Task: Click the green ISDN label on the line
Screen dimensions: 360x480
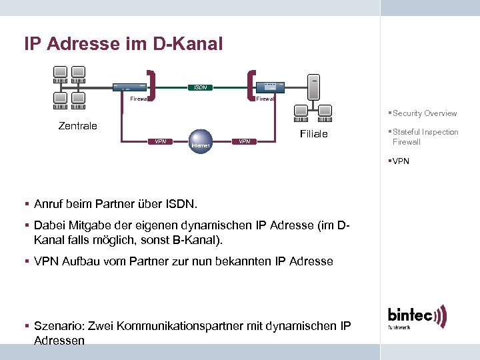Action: tap(199, 87)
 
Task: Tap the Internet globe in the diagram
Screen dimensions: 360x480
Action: tap(200, 141)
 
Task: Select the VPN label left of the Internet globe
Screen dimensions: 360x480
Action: tap(161, 141)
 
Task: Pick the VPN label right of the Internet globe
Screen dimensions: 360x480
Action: tap(245, 141)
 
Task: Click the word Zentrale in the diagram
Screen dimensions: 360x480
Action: tap(77, 125)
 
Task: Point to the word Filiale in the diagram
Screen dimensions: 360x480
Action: tap(313, 134)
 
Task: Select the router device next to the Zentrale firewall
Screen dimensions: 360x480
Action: tap(129, 87)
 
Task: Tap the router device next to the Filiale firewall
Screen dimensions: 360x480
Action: tap(271, 86)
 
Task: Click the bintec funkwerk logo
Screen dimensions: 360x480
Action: tap(417, 317)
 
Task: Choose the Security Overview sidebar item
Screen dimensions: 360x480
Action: tap(424, 113)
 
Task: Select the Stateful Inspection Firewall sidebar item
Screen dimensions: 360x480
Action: tap(425, 137)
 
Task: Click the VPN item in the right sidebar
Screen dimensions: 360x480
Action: tap(401, 161)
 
